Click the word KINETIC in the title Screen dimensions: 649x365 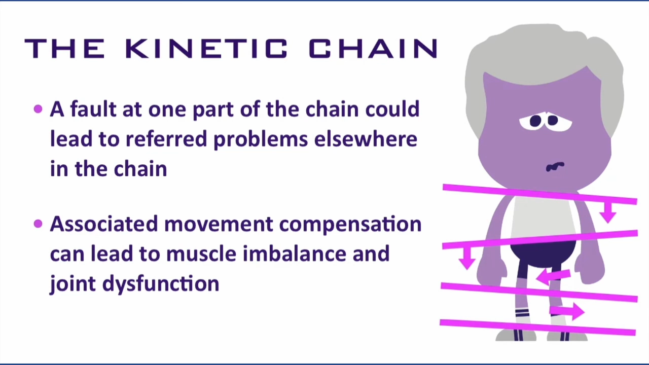[x=206, y=49]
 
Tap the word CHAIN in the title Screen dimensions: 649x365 [x=374, y=49]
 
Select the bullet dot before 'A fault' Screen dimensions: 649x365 [x=38, y=109]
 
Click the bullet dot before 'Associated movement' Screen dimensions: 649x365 [x=38, y=224]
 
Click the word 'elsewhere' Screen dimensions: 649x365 [x=366, y=139]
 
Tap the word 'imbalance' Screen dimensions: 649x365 [x=295, y=253]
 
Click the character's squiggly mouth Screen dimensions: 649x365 [x=555, y=166]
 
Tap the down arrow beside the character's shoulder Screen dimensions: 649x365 [x=607, y=212]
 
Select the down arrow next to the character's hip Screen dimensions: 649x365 [x=467, y=259]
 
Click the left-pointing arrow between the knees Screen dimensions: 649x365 [x=553, y=276]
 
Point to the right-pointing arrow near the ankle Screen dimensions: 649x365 [x=567, y=311]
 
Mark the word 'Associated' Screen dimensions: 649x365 [x=104, y=224]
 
